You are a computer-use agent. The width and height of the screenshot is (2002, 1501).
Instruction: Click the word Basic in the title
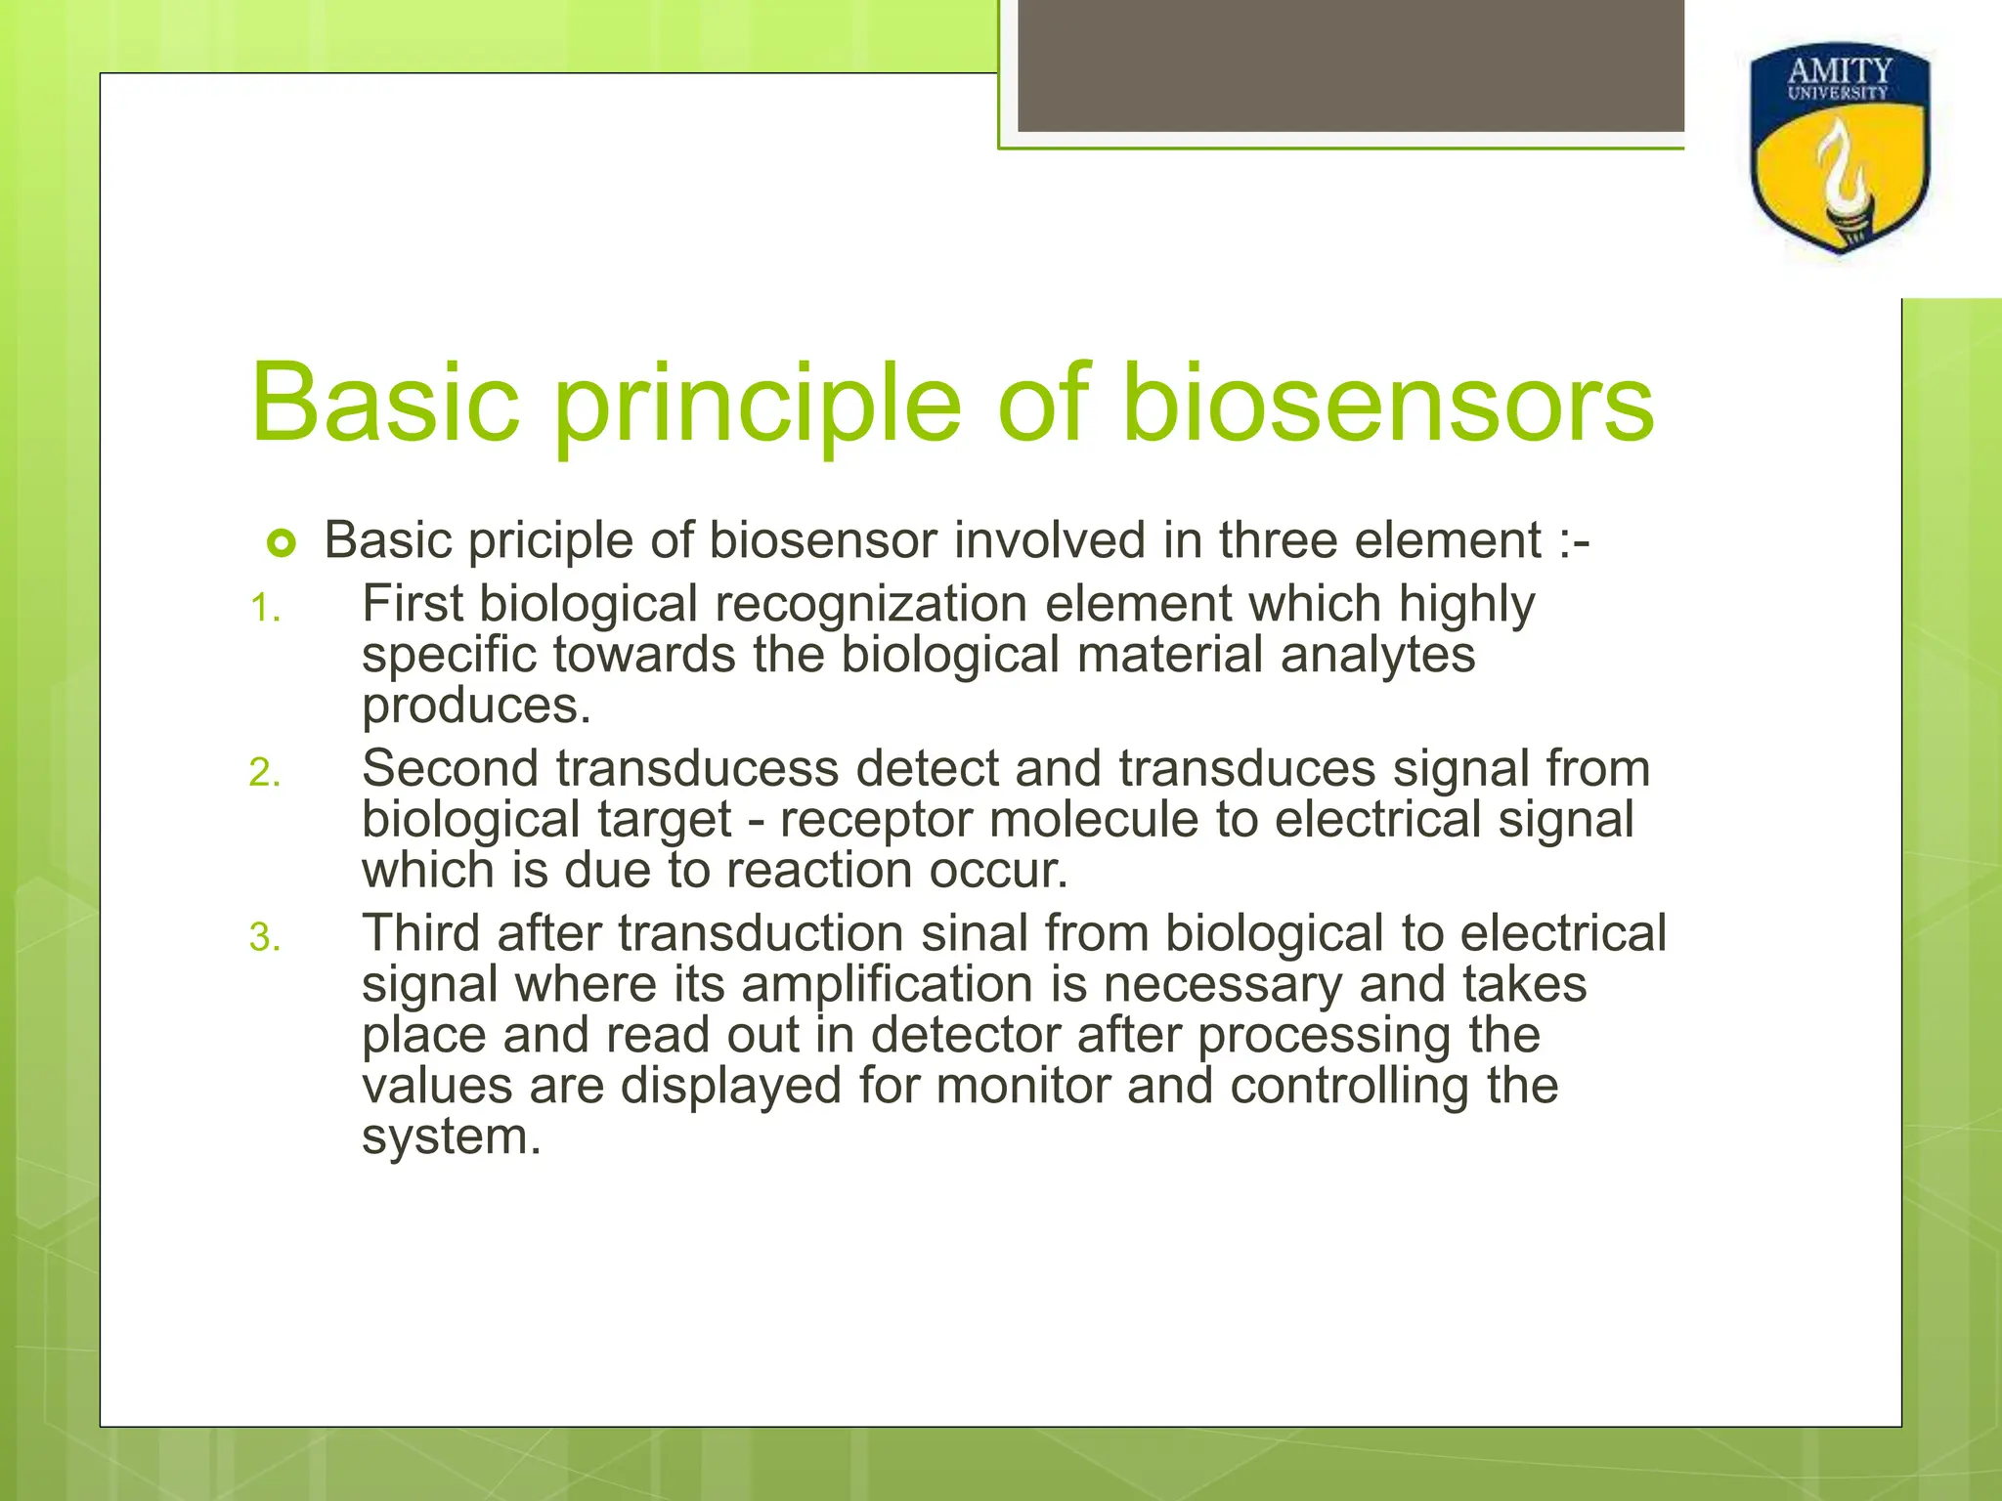tap(384, 404)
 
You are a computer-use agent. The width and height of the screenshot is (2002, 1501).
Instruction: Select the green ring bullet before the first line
tap(281, 543)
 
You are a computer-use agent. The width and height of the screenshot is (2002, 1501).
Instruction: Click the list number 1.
tap(264, 610)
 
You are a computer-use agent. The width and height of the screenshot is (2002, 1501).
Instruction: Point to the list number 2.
tap(264, 774)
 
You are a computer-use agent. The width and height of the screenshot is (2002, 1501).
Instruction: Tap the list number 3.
tap(264, 938)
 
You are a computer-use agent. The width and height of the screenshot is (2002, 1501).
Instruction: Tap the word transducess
tap(698, 768)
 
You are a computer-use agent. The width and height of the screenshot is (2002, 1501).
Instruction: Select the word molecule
tap(1094, 819)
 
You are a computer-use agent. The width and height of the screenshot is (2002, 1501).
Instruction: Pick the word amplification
tap(887, 984)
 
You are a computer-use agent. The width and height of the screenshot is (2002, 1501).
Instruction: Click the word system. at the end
tap(451, 1137)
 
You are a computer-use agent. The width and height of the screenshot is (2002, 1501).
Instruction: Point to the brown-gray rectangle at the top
tap(1350, 64)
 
